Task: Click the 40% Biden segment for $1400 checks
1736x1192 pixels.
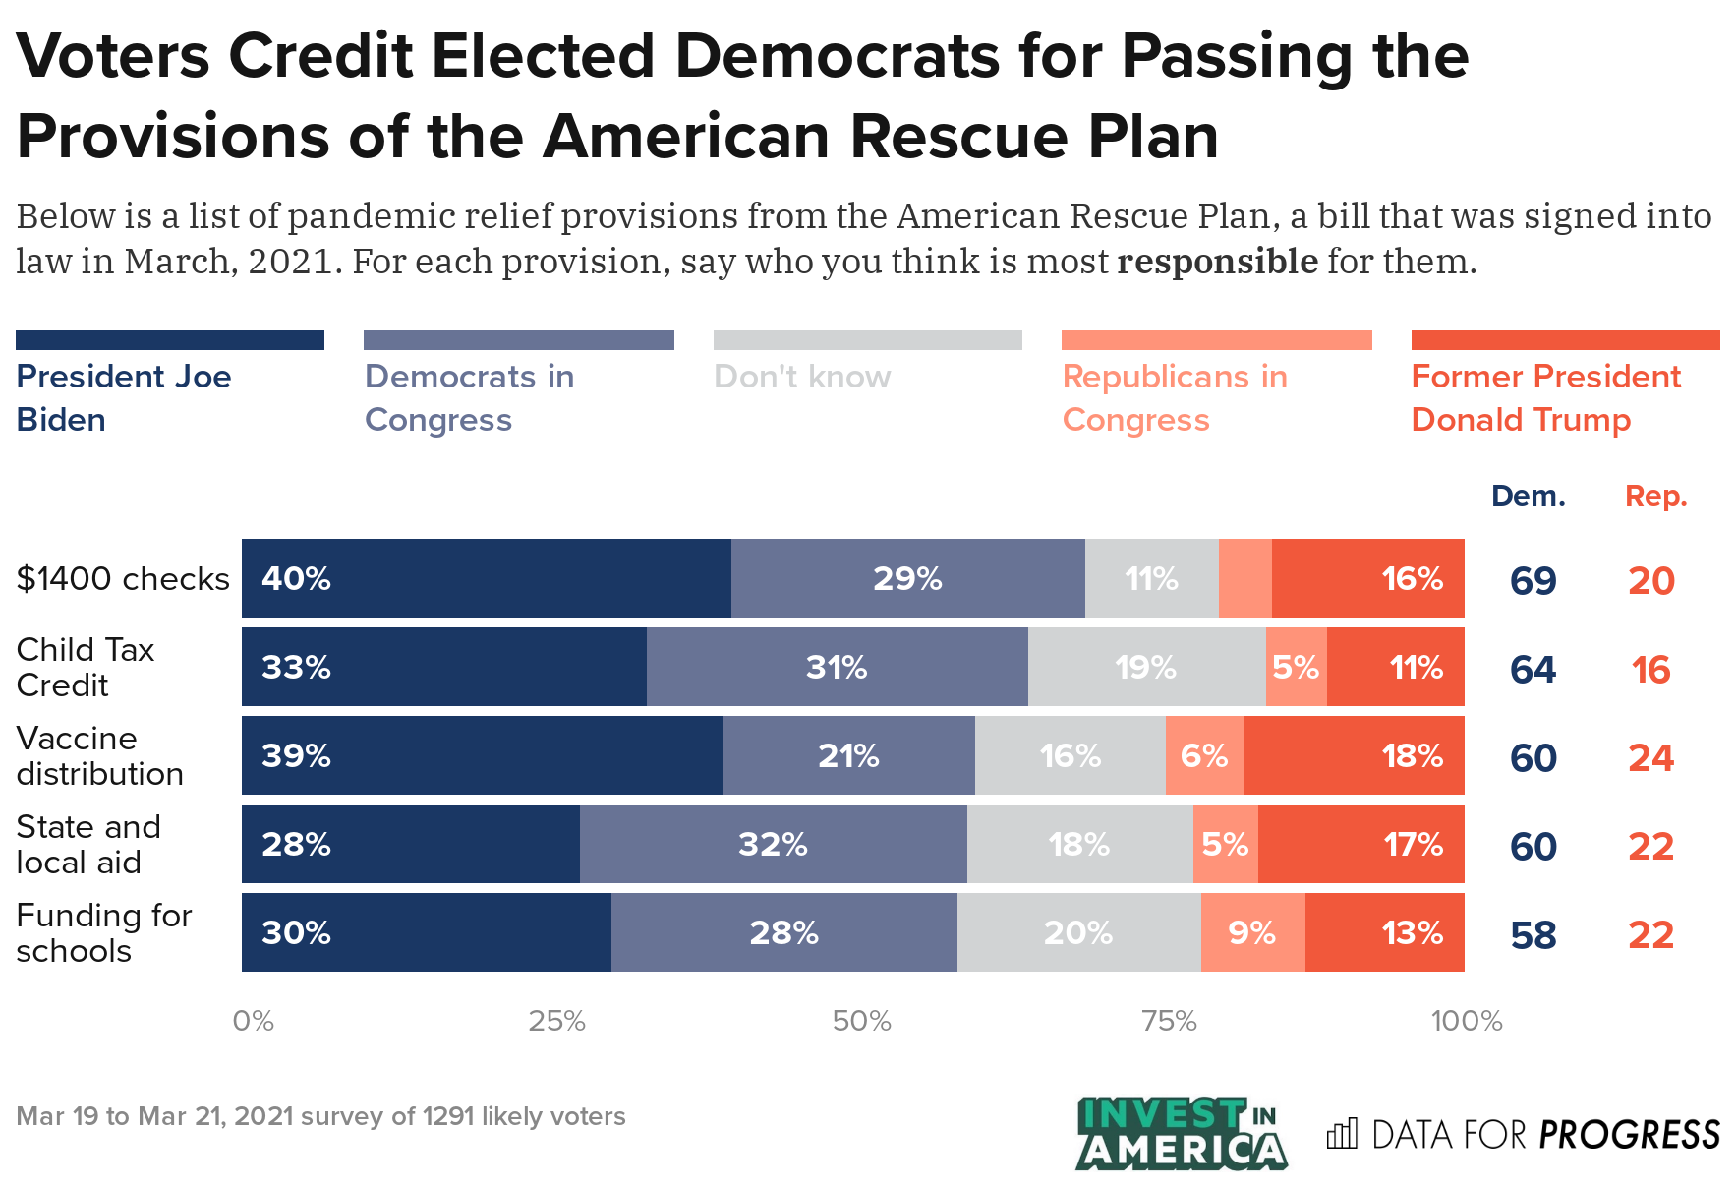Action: [x=486, y=578]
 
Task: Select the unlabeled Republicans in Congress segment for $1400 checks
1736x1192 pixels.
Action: [x=1244, y=578]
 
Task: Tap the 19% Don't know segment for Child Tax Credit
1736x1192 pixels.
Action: [x=1146, y=667]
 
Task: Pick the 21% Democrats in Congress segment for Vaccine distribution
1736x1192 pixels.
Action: [x=848, y=755]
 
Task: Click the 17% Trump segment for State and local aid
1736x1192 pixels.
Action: [x=1360, y=844]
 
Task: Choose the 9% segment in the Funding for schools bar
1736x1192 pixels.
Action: [x=1252, y=932]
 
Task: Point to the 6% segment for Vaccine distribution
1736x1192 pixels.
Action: [x=1204, y=755]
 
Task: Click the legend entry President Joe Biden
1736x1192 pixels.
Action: [x=124, y=397]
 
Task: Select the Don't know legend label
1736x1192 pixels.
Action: [x=802, y=377]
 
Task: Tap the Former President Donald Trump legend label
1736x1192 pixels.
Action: [x=1545, y=397]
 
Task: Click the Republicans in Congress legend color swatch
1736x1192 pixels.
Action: [x=1216, y=340]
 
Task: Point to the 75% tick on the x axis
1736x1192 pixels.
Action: [x=1169, y=1021]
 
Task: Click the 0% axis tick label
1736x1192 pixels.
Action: [x=253, y=1021]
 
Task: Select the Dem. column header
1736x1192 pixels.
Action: [x=1528, y=496]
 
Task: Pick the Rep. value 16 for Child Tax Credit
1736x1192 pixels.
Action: [x=1650, y=670]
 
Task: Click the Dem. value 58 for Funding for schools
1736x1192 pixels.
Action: [x=1533, y=935]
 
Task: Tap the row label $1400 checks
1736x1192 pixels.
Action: [x=123, y=578]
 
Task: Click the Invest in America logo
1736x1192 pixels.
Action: [x=1181, y=1134]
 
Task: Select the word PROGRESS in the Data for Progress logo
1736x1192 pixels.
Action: [x=1629, y=1135]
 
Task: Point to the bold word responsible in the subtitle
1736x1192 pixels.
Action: [x=1217, y=262]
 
